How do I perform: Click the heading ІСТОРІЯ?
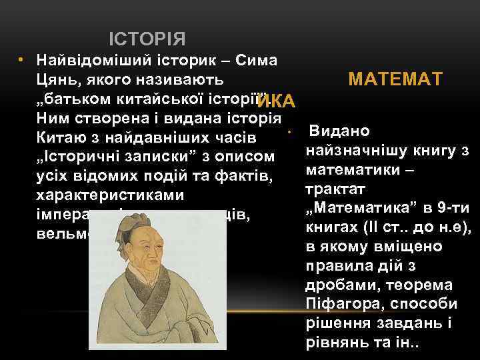pos(147,39)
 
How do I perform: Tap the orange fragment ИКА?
pos(275,101)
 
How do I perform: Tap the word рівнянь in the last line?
pos(332,343)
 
